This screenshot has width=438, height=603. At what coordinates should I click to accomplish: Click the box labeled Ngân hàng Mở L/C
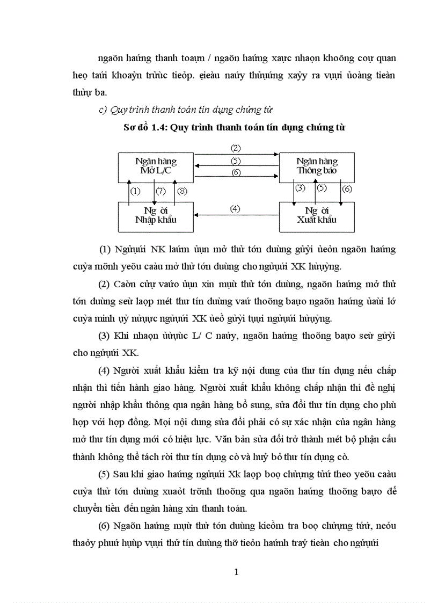(x=156, y=167)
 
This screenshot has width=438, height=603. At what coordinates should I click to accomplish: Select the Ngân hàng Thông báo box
(x=317, y=167)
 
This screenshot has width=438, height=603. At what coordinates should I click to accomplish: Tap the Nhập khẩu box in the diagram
(x=156, y=216)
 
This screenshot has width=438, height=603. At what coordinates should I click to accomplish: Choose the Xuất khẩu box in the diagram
(x=317, y=216)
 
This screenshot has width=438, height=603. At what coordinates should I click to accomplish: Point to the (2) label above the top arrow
(x=236, y=148)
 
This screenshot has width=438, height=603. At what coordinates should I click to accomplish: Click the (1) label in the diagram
(x=135, y=191)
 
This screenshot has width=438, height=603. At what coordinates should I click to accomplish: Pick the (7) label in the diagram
(x=160, y=191)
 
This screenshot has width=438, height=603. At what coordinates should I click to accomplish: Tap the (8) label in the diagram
(x=182, y=191)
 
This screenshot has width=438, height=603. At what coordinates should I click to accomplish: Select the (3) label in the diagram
(x=300, y=188)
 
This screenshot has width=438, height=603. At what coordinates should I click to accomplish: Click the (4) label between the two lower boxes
(x=235, y=209)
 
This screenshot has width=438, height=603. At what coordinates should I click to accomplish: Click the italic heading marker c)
(x=104, y=111)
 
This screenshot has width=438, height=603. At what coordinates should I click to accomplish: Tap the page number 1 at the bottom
(x=236, y=572)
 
